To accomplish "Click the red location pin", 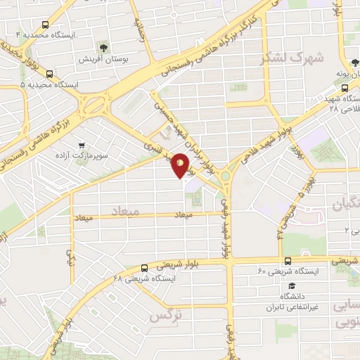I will tap(181, 165).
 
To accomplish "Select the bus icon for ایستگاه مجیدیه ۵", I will tap(49, 72).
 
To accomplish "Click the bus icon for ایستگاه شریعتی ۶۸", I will tap(144, 268).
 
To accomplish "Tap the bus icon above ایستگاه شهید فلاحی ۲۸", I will tap(345, 89).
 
